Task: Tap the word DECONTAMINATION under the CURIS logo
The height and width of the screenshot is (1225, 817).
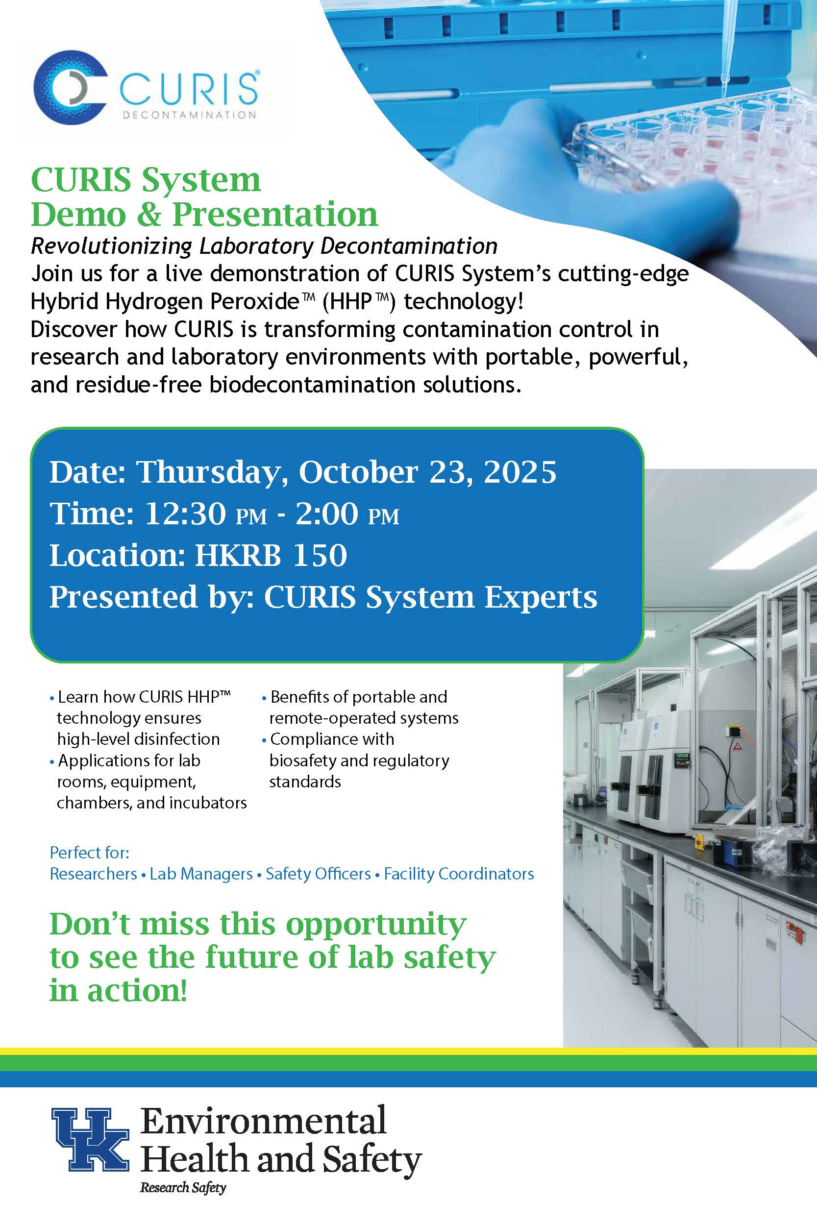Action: [189, 115]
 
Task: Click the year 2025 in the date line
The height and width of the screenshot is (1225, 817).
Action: [520, 472]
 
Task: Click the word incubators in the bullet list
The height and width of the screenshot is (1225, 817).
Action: [203, 803]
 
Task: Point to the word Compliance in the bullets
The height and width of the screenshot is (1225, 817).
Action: [332, 739]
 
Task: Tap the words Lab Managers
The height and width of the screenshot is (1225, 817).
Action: [201, 874]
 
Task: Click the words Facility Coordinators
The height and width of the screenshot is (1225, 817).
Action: [459, 874]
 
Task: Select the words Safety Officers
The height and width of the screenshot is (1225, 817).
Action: [319, 874]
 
